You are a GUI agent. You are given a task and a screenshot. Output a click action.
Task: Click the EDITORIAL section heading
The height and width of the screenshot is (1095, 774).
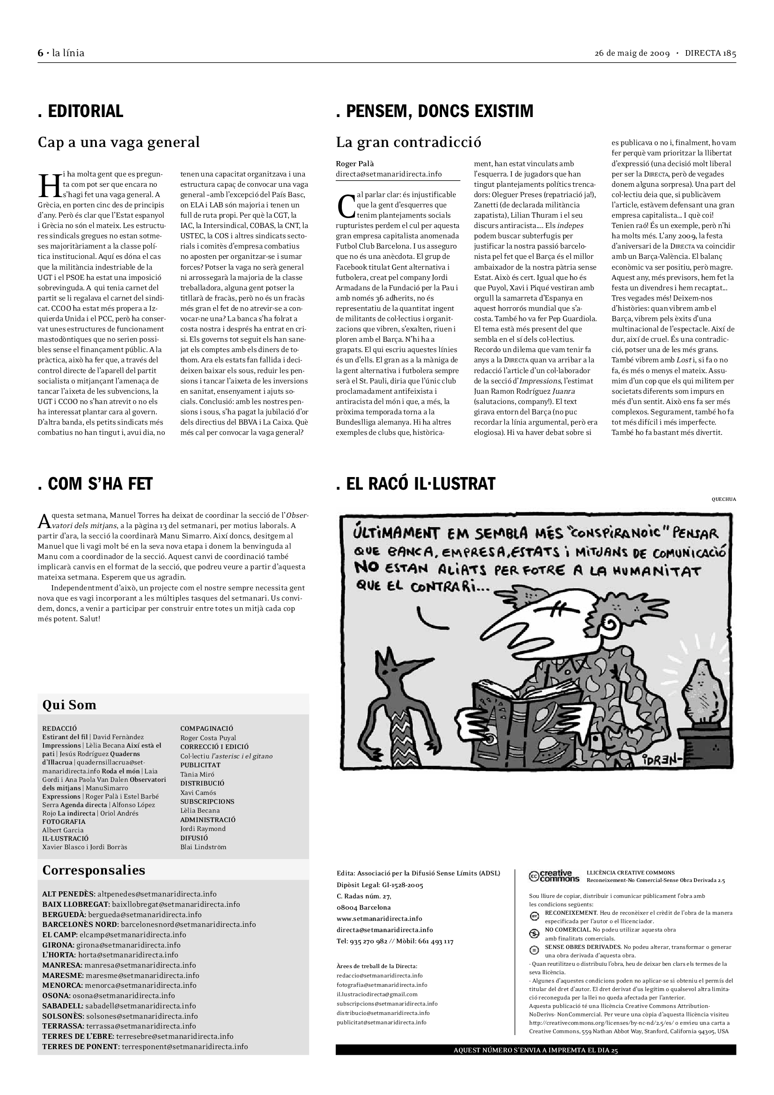click(x=81, y=111)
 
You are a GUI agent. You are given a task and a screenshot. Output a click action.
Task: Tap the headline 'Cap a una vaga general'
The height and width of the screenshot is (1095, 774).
click(x=119, y=142)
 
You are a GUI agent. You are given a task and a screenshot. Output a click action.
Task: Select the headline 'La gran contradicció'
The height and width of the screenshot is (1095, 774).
click(x=409, y=142)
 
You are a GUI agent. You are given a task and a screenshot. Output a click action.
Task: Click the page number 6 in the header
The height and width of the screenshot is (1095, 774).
click(x=41, y=53)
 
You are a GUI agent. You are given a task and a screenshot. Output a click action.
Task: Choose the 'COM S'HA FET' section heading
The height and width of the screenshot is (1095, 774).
click(x=96, y=484)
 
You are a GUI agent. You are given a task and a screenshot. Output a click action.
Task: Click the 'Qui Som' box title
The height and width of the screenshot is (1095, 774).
click(x=69, y=706)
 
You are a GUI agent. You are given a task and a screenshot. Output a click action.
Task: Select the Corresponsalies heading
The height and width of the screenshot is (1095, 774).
click(x=94, y=870)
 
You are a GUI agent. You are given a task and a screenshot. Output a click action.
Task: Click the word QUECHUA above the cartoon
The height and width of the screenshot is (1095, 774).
click(x=723, y=500)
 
